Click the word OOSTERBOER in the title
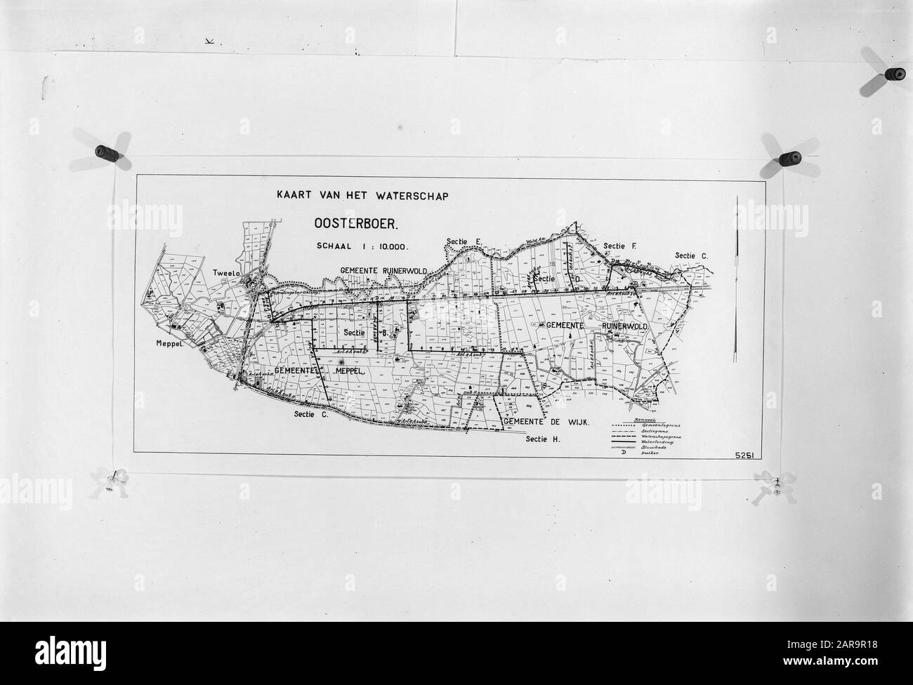356,224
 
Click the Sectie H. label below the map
544,439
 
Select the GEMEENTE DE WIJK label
545,423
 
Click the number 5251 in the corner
746,455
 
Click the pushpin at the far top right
894,74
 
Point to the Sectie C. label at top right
691,255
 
